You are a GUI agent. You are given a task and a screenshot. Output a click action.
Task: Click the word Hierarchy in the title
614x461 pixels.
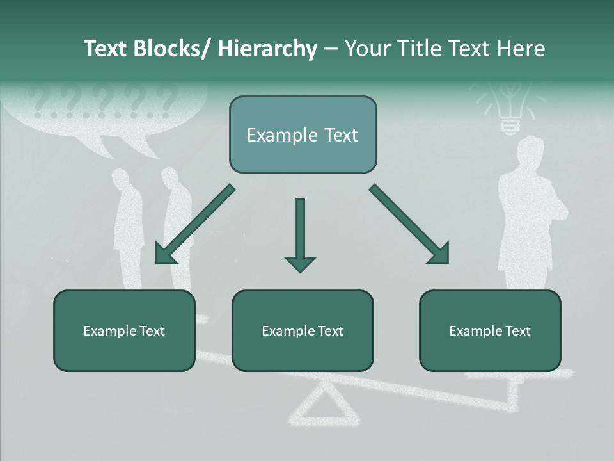click(267, 49)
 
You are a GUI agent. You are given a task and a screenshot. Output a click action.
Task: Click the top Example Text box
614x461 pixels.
click(303, 134)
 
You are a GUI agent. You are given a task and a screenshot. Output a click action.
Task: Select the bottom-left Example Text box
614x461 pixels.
click(124, 330)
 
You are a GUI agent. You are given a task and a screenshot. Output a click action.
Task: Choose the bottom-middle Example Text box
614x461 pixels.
click(303, 330)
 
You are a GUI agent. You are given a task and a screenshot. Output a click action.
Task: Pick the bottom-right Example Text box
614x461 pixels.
click(490, 330)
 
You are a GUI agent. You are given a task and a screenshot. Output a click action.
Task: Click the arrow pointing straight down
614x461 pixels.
click(300, 234)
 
